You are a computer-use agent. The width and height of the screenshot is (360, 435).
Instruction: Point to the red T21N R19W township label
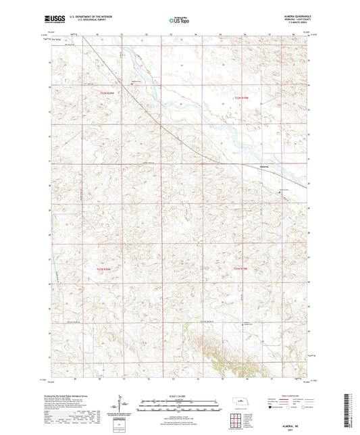tap(242, 270)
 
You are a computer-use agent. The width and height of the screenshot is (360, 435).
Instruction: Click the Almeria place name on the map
tap(265, 167)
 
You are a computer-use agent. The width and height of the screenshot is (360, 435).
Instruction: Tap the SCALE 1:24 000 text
tap(180, 395)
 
